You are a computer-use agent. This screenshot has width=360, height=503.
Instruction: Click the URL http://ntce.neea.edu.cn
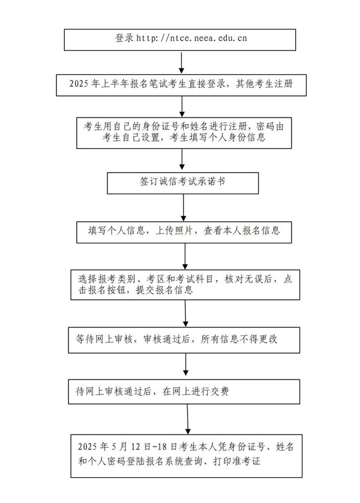click(192, 38)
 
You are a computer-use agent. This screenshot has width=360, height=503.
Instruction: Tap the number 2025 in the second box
click(79, 84)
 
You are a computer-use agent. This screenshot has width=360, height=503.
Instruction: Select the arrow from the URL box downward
click(182, 62)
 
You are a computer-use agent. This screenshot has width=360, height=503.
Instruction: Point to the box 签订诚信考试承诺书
click(183, 183)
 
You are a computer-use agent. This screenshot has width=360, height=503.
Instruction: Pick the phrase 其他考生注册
click(264, 84)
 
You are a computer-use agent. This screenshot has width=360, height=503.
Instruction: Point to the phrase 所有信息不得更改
click(239, 339)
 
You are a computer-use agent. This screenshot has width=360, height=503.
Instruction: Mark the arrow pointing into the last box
click(188, 419)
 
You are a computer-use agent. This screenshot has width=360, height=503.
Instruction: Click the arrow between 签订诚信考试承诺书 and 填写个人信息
click(184, 207)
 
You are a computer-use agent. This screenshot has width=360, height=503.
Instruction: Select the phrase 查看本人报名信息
click(242, 231)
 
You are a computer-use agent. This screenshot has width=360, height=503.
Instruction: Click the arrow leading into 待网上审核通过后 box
click(185, 365)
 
